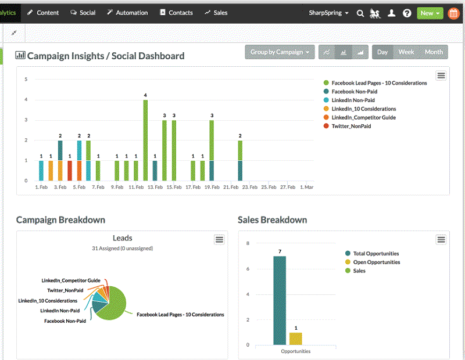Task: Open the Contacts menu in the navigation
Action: [x=176, y=12]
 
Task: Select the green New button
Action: [x=430, y=13]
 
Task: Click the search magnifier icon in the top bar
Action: [x=360, y=13]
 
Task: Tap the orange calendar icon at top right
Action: [x=453, y=13]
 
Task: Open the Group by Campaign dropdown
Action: [x=280, y=52]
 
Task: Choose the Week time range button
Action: [x=406, y=52]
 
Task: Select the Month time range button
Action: [x=434, y=52]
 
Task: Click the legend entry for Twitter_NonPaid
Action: [x=350, y=126]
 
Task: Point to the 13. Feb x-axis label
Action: [x=155, y=188]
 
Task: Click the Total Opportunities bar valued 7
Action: [x=280, y=300]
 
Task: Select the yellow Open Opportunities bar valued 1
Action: [x=296, y=339]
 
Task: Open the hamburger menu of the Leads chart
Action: [x=219, y=240]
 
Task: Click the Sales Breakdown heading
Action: [x=272, y=220]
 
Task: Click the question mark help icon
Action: [x=407, y=13]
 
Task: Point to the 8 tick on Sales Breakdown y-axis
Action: [x=248, y=244]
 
